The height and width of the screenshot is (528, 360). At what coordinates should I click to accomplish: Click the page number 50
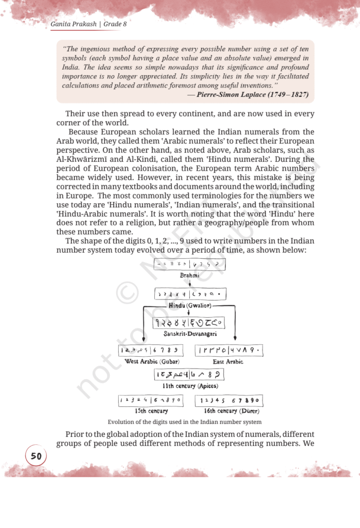pos(36,456)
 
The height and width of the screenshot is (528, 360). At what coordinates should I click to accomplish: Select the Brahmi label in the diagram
pos(190,275)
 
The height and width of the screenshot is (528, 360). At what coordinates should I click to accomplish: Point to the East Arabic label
pos(228,361)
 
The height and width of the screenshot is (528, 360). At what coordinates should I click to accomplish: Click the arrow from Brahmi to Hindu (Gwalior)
pos(190,283)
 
